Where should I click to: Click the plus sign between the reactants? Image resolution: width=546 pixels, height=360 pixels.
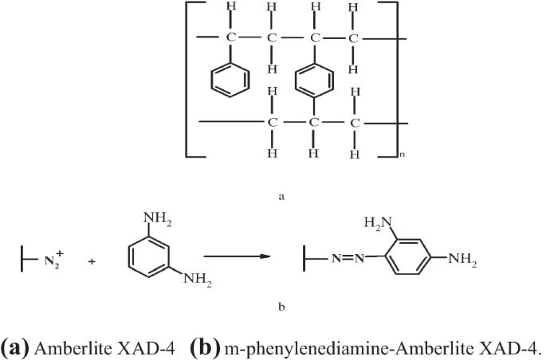92,260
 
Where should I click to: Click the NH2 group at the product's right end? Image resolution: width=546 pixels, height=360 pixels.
462,258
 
